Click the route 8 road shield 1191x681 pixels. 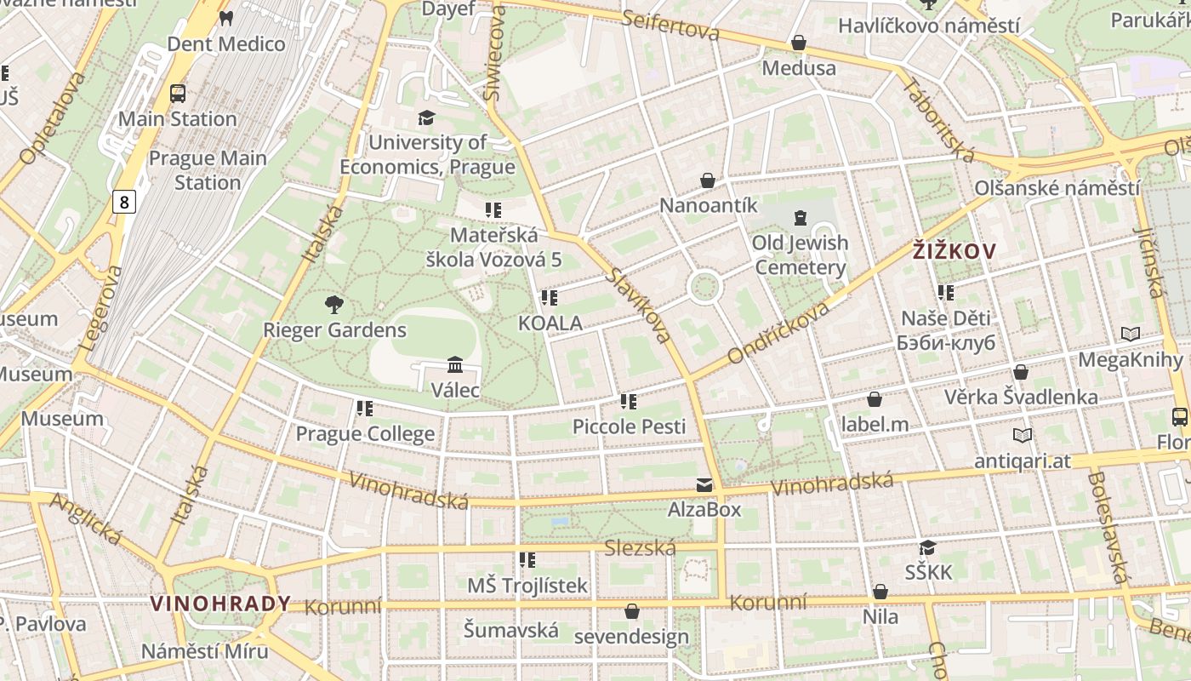tap(124, 202)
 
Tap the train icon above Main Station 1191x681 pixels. tap(178, 94)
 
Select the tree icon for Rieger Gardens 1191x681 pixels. tap(334, 304)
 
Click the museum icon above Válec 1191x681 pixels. tap(455, 364)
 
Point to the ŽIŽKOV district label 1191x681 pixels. tap(954, 251)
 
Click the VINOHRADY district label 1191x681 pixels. tap(220, 604)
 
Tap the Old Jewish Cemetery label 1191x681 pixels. tap(801, 255)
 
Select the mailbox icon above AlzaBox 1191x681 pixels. tap(704, 484)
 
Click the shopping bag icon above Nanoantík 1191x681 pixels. tap(708, 180)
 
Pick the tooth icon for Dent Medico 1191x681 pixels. tap(225, 18)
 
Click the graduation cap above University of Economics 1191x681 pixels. tap(426, 117)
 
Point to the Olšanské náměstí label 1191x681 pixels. tap(1057, 188)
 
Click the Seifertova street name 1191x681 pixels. tap(670, 26)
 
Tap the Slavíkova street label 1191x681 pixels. tap(640, 304)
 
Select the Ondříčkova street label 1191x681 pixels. tap(778, 331)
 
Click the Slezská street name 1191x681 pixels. tap(640, 548)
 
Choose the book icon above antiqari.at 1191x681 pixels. tap(1023, 435)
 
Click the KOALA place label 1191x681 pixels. tap(550, 323)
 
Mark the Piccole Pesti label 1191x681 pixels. tap(629, 426)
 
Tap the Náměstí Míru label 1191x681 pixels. tap(204, 651)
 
